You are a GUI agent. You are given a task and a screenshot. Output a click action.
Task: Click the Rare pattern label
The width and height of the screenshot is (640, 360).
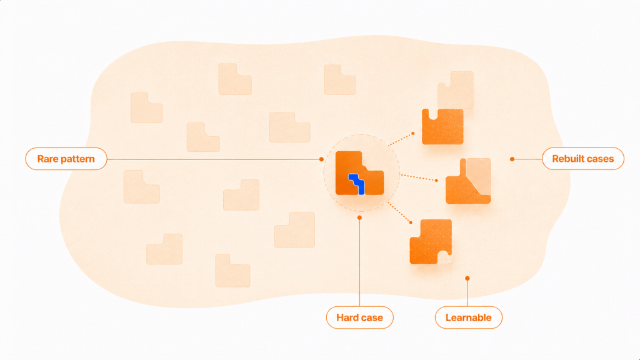pyautogui.click(x=66, y=159)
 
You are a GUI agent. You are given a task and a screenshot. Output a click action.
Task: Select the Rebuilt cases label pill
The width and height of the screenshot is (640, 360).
pyautogui.click(x=583, y=159)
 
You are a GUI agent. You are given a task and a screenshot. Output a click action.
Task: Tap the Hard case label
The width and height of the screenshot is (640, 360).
pyautogui.click(x=359, y=317)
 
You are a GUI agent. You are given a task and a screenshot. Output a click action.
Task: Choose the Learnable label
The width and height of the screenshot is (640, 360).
pyautogui.click(x=469, y=317)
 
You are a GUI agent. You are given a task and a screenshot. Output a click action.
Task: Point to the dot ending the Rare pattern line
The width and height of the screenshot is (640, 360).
pyautogui.click(x=322, y=159)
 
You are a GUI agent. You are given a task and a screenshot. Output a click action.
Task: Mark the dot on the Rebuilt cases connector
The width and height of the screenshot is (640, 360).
pyautogui.click(x=512, y=159)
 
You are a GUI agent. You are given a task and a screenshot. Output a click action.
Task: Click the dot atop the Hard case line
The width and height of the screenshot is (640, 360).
pyautogui.click(x=359, y=217)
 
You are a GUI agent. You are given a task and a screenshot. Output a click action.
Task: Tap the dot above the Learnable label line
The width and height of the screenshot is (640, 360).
pyautogui.click(x=467, y=278)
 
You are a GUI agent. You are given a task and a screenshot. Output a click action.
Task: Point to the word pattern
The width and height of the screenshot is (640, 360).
pyautogui.click(x=76, y=159)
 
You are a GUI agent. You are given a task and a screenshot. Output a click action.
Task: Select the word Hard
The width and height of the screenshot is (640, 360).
pyautogui.click(x=345, y=317)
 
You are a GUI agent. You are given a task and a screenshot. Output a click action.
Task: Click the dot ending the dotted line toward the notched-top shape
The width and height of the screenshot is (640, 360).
pyautogui.click(x=413, y=133)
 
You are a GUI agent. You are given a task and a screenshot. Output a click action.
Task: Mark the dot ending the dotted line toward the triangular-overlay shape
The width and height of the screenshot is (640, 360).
pyautogui.click(x=437, y=181)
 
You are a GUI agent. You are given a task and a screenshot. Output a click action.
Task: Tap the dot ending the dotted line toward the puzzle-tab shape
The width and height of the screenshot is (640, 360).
pyautogui.click(x=411, y=222)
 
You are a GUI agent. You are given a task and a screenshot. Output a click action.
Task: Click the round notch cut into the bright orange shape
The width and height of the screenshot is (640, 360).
pyautogui.click(x=433, y=114)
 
